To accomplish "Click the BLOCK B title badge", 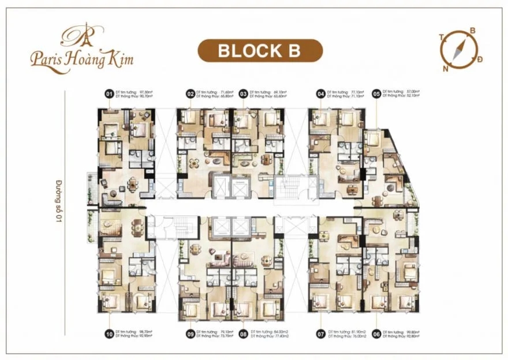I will [x=259, y=50].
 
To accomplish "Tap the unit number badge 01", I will [x=108, y=93].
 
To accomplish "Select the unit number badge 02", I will [x=190, y=93].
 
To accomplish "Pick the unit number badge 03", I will [x=244, y=93].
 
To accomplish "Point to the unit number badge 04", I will [x=320, y=93].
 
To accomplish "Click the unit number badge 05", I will [x=376, y=93].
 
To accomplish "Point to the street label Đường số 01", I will [x=58, y=200].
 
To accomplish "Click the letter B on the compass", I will [x=472, y=31].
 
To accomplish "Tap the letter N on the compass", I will [x=446, y=67].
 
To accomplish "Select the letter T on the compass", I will [x=442, y=36].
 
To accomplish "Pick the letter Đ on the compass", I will [x=480, y=60].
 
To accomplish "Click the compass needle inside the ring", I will [x=460, y=48].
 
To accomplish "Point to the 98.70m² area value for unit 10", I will [x=144, y=332].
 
